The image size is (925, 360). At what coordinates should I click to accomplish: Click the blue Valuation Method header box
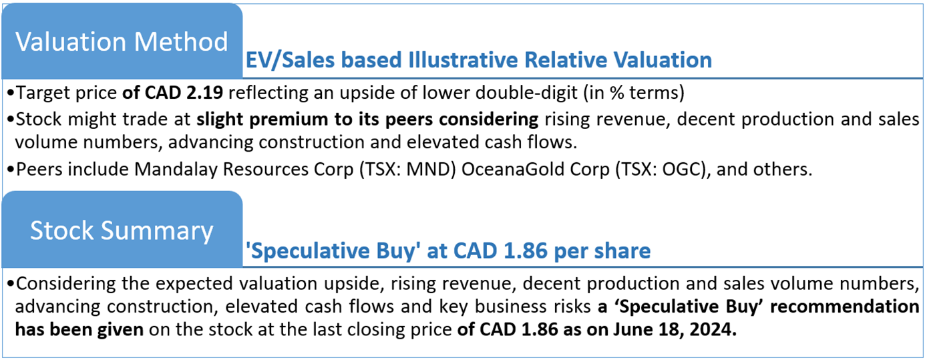pos(121,41)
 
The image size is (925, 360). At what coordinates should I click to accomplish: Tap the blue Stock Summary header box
pos(121,230)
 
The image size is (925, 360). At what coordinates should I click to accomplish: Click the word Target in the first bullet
pos(41,93)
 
